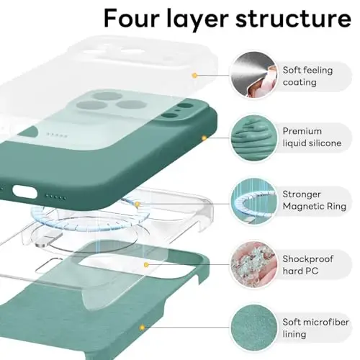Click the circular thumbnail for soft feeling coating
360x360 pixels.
250,76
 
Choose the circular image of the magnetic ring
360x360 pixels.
250,199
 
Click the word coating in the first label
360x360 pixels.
299,82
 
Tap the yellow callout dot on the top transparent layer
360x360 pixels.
194,74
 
